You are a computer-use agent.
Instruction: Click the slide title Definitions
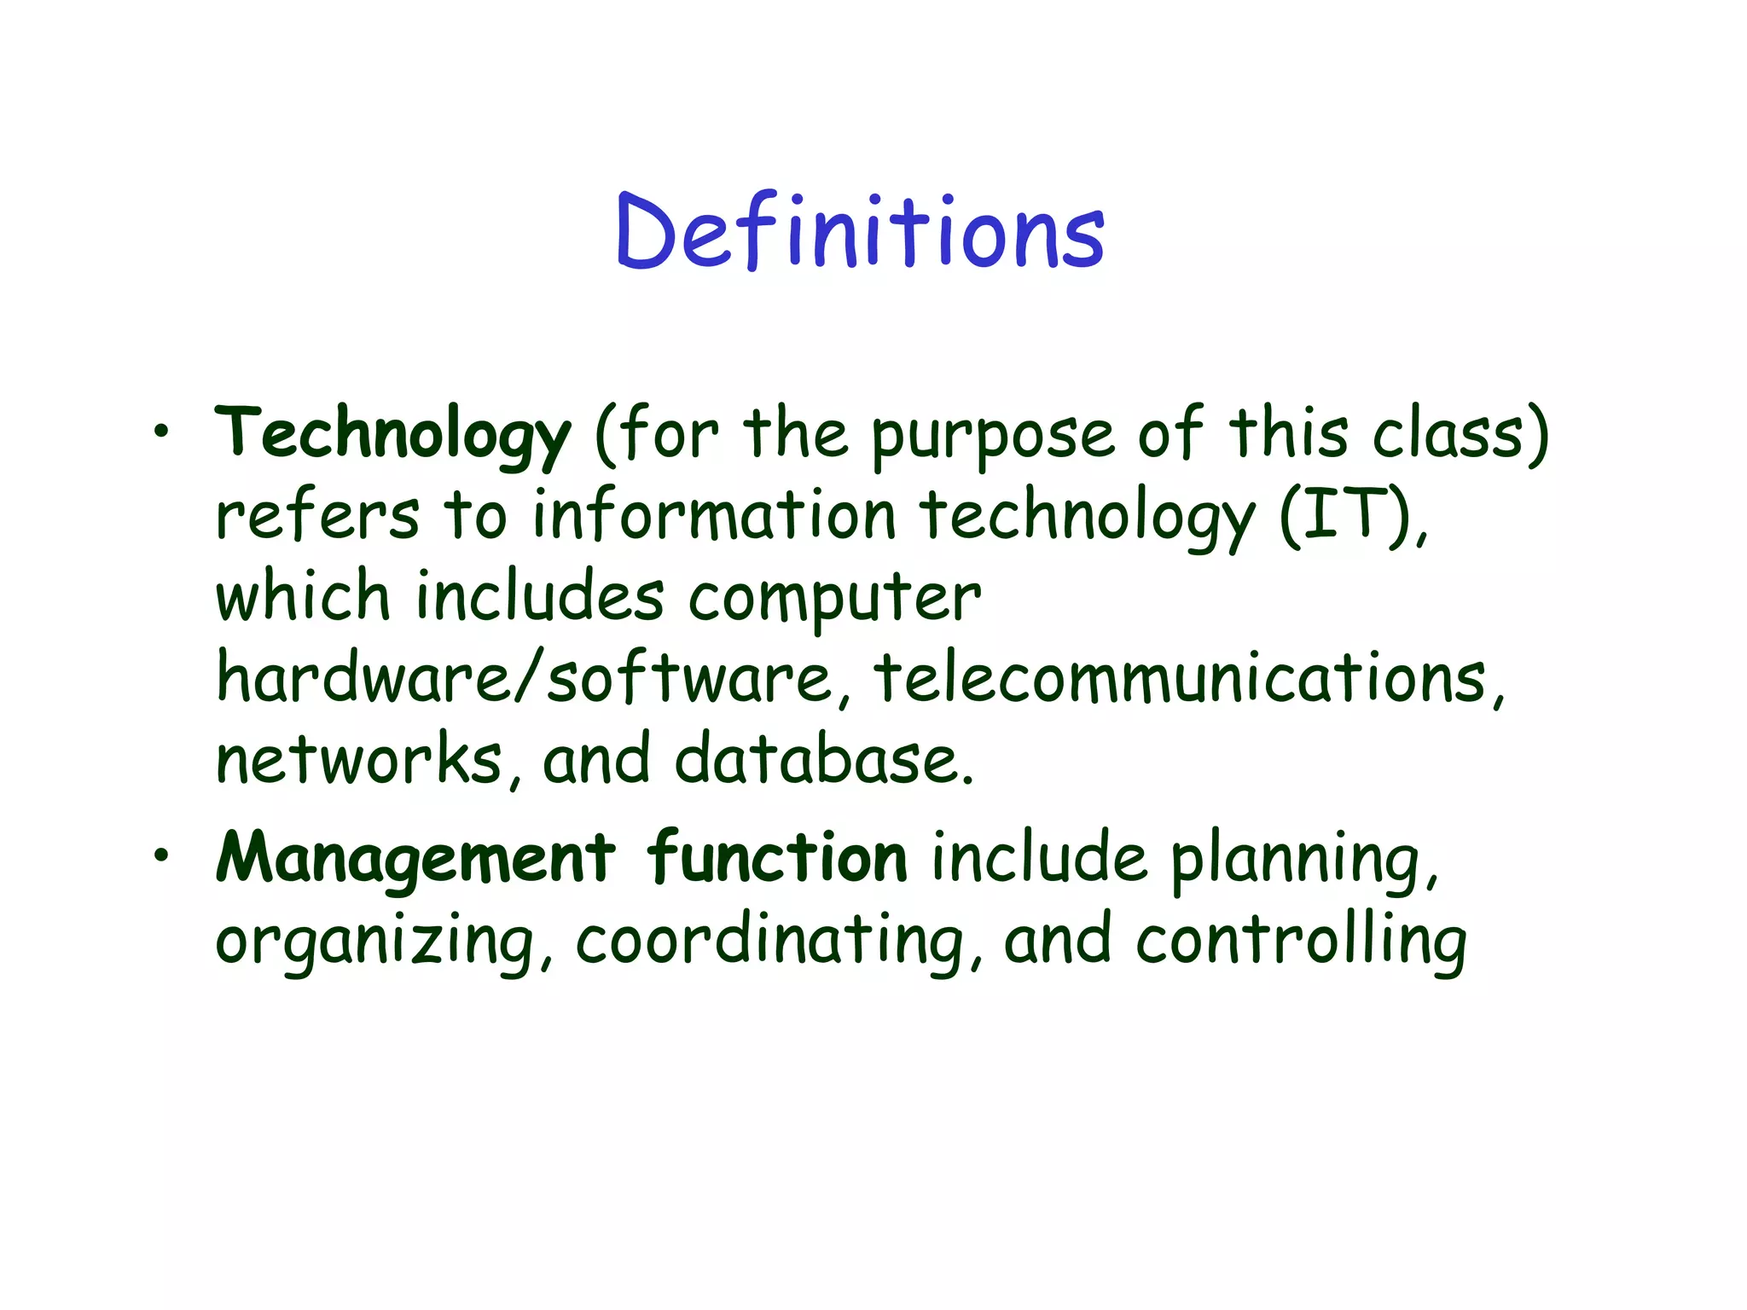[860, 230]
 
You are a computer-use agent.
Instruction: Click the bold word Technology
[392, 435]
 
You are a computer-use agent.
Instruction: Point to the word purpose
[992, 435]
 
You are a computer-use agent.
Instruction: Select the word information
[715, 515]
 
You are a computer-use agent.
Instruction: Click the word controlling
[1301, 942]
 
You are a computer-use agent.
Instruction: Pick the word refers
[317, 515]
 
